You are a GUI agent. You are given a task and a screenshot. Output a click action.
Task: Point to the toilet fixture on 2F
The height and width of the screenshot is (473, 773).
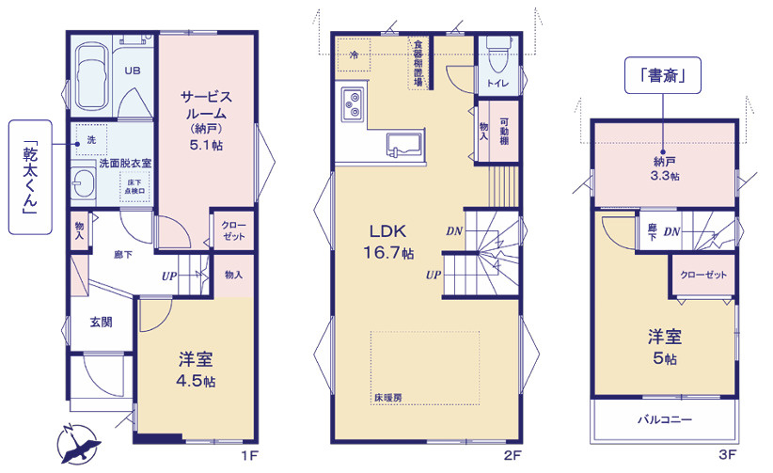[495, 62]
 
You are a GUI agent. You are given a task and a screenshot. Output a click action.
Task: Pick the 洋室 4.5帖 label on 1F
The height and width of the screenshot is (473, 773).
[196, 369]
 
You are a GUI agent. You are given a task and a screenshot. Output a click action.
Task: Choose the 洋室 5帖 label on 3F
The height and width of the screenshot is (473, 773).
[664, 346]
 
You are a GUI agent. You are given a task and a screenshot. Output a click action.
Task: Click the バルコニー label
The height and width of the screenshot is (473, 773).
[664, 419]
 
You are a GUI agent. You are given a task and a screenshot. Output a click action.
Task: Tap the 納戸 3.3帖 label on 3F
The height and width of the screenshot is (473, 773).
[664, 168]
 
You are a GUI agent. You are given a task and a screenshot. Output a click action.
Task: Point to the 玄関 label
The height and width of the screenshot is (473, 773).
[101, 322]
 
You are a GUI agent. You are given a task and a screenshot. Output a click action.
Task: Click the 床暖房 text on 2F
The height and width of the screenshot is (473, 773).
[387, 398]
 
